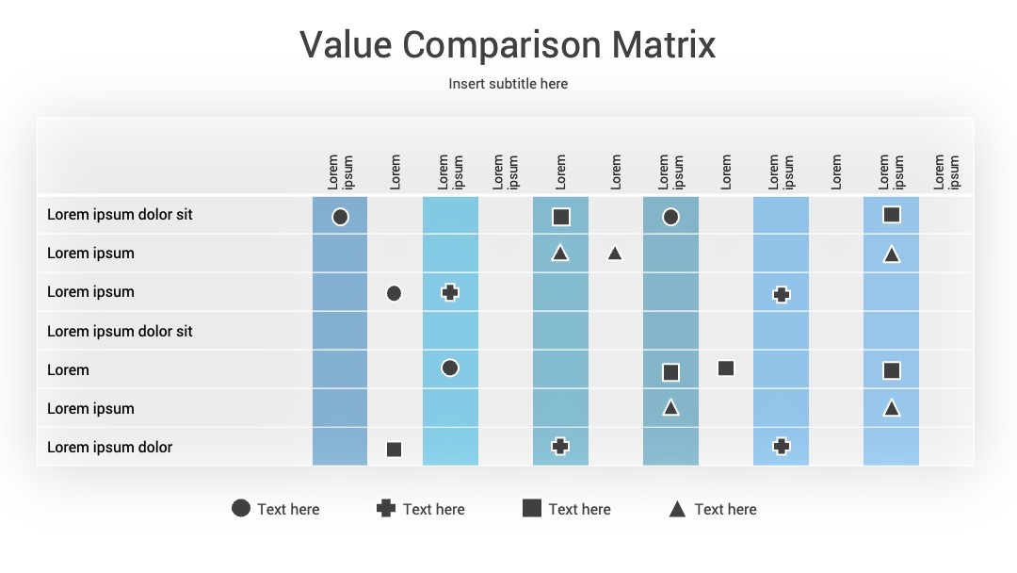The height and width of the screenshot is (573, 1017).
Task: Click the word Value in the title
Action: point(346,45)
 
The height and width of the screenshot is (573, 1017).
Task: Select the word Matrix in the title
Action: point(664,45)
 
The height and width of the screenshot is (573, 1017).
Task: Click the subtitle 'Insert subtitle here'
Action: point(508,84)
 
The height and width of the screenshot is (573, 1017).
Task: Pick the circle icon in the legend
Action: point(241,508)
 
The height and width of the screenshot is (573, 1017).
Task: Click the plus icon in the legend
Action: point(386,508)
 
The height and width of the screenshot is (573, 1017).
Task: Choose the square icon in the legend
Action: point(532,508)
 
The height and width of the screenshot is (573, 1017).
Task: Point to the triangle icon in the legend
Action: point(677,509)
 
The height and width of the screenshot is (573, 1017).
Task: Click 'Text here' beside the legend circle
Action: point(288,510)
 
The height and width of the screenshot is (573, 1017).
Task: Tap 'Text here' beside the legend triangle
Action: point(725,510)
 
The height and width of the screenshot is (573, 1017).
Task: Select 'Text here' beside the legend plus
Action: point(434,510)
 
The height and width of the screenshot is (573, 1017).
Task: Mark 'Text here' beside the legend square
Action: point(579,510)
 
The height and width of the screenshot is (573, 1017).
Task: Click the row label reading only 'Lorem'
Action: point(68,369)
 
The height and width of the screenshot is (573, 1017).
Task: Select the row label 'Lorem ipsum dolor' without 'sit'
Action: point(109,447)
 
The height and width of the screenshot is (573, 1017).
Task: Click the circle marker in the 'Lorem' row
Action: point(450,368)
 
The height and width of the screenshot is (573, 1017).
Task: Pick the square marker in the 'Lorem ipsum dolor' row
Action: point(394,449)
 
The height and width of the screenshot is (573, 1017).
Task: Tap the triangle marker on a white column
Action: point(615,254)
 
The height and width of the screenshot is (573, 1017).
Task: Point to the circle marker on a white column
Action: point(394,293)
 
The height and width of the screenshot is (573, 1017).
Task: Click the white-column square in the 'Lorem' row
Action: point(726,368)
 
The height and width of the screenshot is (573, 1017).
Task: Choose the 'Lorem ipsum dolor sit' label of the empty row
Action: point(120,331)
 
